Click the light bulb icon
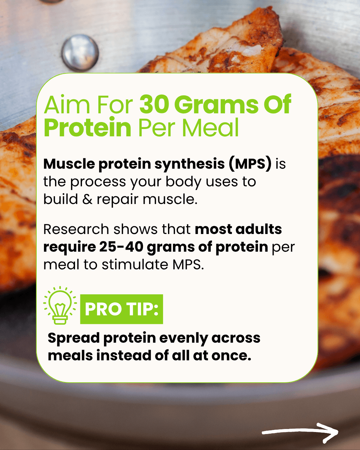(60, 306)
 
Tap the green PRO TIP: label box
(122, 309)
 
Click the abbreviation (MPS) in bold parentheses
(250, 164)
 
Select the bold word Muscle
(69, 164)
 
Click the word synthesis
(190, 164)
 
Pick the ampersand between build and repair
(87, 199)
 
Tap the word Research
(76, 229)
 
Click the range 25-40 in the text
(121, 247)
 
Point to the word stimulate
(135, 265)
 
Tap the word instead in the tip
(124, 355)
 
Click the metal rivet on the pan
(80, 52)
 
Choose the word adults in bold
(259, 229)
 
